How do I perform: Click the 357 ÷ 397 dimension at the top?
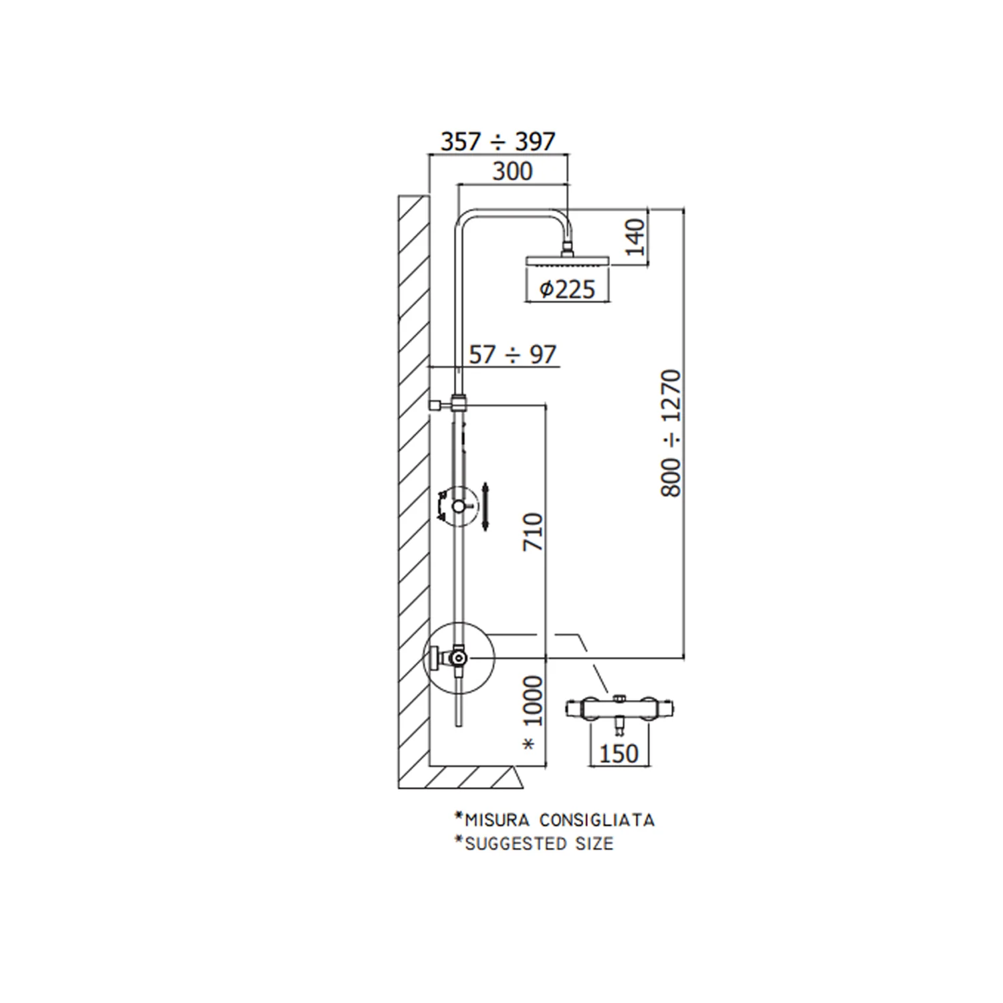tap(497, 141)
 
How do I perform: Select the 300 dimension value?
tap(513, 171)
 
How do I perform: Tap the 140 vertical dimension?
tap(635, 237)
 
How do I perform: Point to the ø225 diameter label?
tap(567, 289)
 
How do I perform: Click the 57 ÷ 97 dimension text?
tap(512, 354)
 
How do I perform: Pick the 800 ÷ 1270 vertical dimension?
tap(671, 433)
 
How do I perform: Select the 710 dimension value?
tap(533, 532)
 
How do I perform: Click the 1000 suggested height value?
tap(533, 701)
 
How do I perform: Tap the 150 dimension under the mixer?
tap(619, 754)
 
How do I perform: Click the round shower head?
tap(568, 261)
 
